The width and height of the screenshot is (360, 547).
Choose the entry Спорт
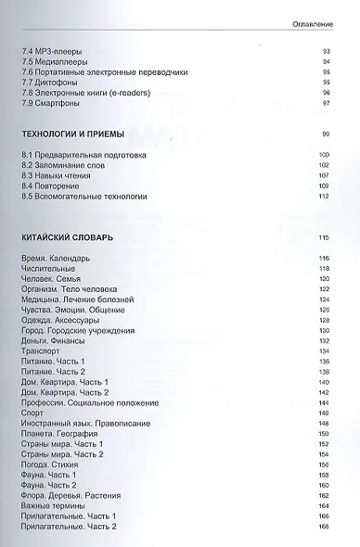[31, 413]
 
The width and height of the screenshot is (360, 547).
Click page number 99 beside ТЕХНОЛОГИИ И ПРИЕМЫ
[325, 135]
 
